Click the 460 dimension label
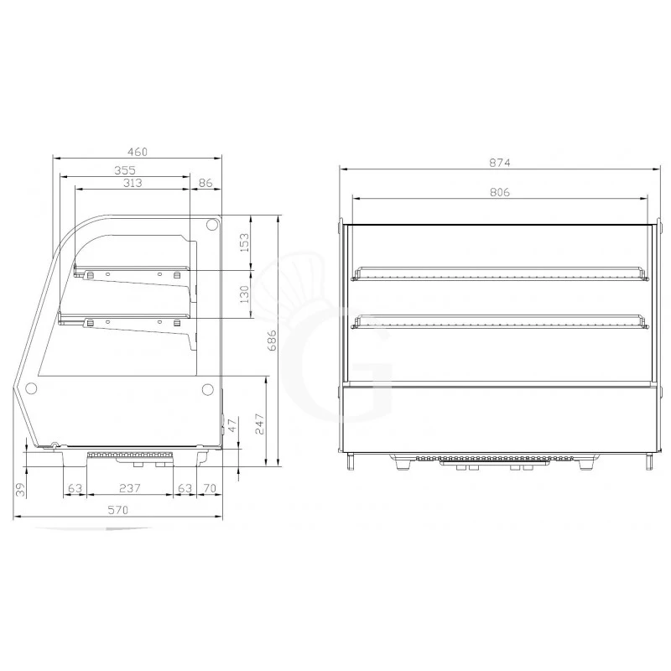click(138, 152)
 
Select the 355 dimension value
click(125, 170)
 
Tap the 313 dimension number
click(133, 183)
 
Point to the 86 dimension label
click(205, 183)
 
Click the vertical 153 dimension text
click(244, 242)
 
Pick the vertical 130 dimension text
click(244, 294)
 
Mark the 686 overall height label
click(272, 341)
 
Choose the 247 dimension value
click(260, 424)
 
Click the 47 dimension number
click(231, 425)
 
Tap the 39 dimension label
click(20, 490)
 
